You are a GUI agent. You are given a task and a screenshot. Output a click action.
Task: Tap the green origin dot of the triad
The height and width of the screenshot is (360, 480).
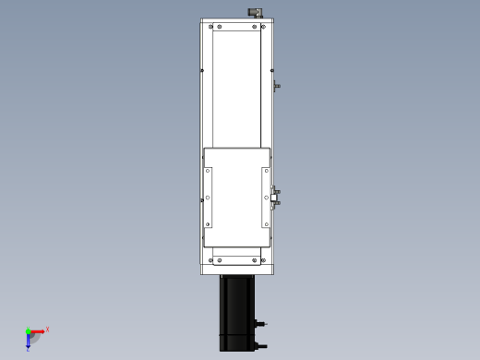29,331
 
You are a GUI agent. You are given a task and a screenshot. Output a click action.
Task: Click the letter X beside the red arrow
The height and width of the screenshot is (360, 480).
47,329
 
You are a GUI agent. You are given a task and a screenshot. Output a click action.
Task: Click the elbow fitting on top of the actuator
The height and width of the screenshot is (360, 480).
256,12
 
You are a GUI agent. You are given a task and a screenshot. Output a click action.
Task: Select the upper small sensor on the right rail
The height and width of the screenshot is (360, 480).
276,86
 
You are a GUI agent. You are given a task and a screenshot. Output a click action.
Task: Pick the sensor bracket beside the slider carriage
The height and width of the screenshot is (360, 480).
275,197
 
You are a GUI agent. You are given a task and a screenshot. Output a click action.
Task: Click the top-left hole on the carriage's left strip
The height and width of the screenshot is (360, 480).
209,171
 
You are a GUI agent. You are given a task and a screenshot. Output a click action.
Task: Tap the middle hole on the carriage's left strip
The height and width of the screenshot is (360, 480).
209,197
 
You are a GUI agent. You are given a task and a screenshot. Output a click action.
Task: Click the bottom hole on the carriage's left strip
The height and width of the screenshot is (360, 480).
209,222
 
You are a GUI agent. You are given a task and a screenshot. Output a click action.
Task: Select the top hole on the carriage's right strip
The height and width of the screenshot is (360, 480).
266,171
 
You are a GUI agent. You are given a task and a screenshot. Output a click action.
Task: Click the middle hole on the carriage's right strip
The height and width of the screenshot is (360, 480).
266,197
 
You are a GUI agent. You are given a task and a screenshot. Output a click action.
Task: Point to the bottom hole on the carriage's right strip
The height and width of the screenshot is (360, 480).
266,222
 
